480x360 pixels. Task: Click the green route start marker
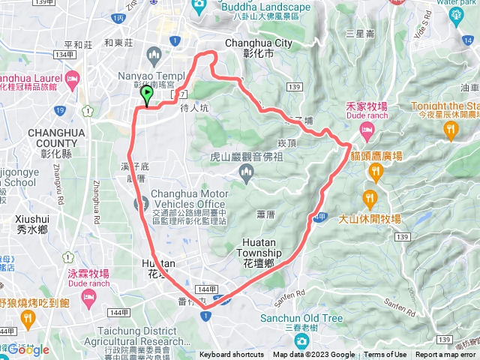tap(146, 95)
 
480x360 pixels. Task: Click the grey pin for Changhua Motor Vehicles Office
tap(140, 203)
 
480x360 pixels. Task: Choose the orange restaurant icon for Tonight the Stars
tap(451, 130)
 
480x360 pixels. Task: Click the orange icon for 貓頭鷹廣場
tap(375, 173)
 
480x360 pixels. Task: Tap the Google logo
tap(28, 349)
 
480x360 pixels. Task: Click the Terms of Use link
tap(385, 355)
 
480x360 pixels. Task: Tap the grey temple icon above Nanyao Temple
tap(154, 55)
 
